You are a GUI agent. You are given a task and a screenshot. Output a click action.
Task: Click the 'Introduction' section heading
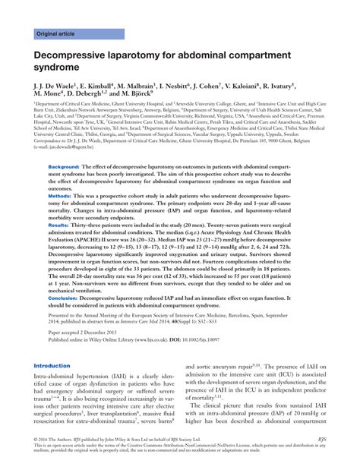pos(52,366)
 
